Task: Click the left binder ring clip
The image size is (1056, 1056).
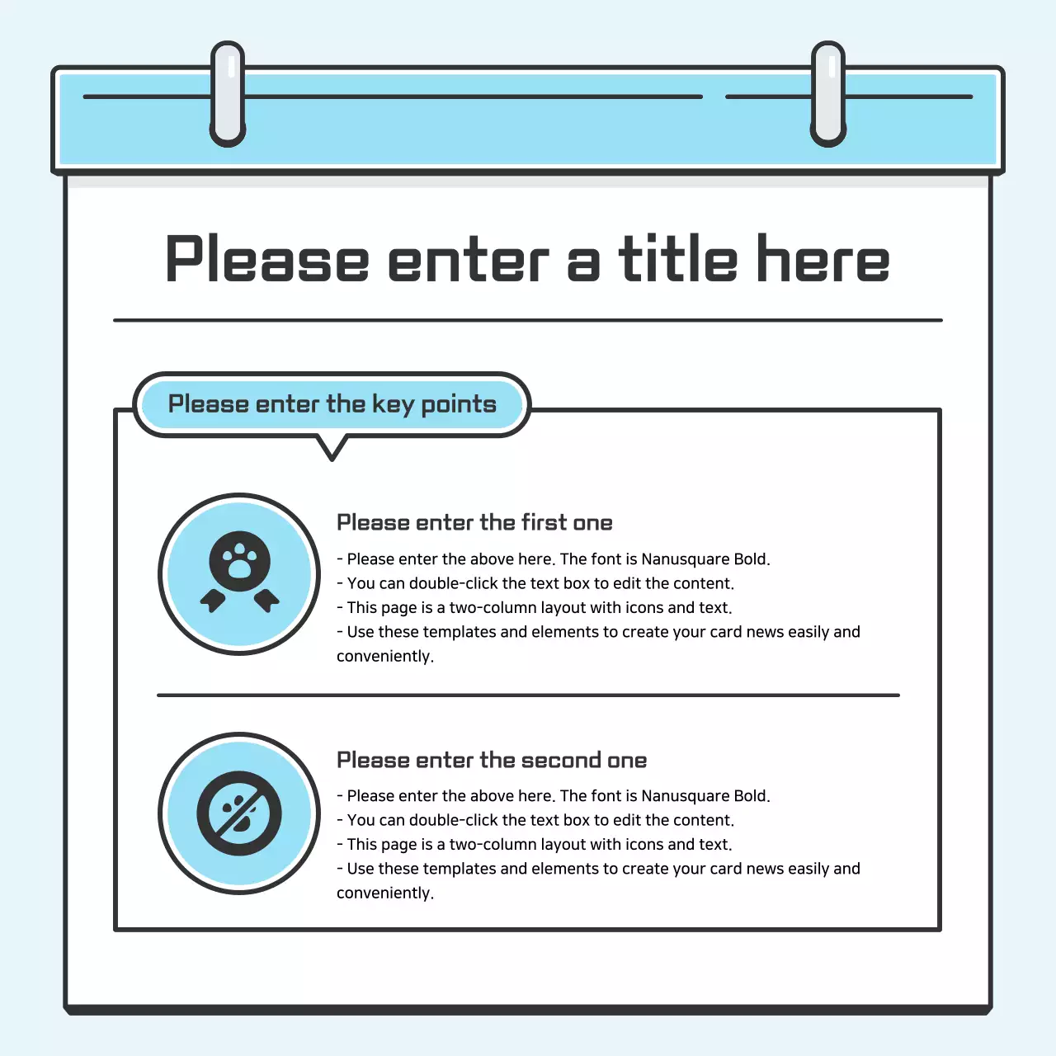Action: [x=228, y=95]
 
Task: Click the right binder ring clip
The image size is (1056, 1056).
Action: [x=828, y=95]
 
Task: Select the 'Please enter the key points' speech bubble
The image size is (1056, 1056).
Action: [x=332, y=404]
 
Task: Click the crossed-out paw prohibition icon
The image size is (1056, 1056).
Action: [x=239, y=813]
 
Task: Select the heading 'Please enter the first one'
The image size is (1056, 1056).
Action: [x=474, y=523]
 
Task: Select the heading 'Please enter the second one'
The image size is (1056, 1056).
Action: [x=492, y=761]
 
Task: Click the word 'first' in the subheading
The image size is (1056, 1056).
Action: [x=544, y=523]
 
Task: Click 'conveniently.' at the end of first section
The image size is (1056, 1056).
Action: [x=385, y=657]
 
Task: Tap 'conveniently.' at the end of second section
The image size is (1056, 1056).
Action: [x=385, y=893]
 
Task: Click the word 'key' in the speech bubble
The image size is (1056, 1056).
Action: [x=393, y=405]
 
